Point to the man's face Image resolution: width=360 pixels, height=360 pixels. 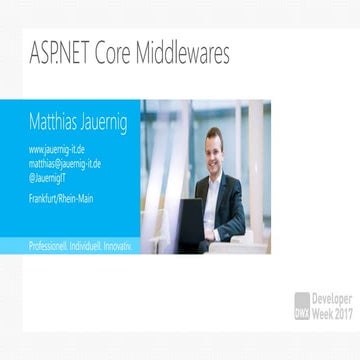pyautogui.click(x=213, y=148)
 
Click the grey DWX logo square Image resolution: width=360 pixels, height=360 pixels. pyautogui.click(x=301, y=304)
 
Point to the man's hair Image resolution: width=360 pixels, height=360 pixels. pyautogui.click(x=213, y=132)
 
